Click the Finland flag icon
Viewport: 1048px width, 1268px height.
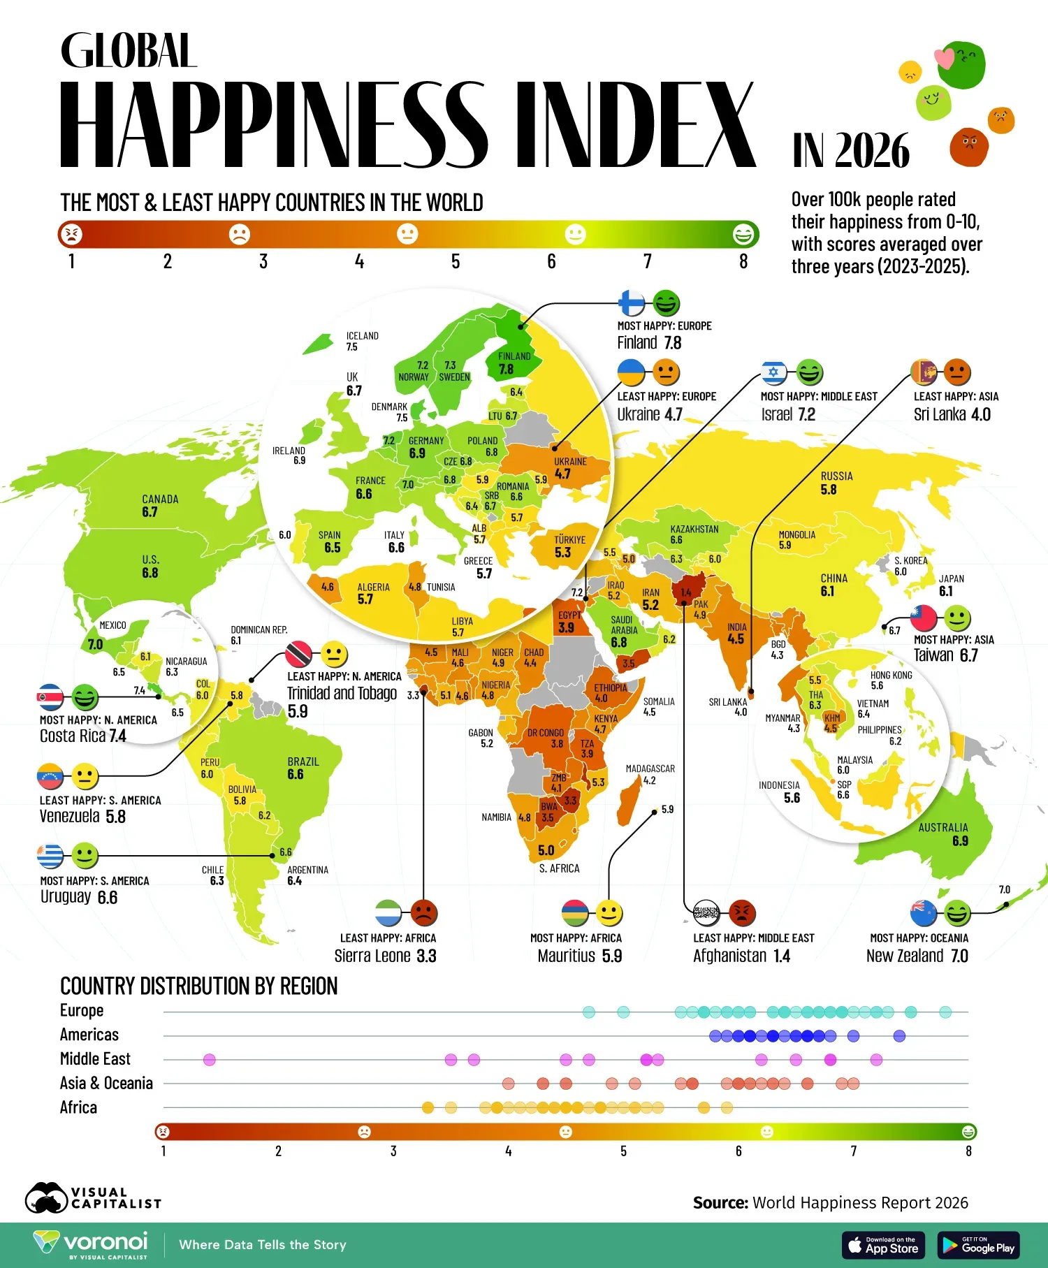(632, 303)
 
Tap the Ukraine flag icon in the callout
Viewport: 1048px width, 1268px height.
(632, 372)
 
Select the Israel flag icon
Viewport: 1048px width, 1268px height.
(773, 372)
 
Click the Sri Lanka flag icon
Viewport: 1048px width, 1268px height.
(924, 372)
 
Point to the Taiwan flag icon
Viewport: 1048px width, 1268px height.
(923, 618)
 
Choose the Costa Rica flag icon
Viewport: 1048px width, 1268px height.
(51, 697)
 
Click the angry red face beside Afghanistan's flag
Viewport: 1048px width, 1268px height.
(742, 912)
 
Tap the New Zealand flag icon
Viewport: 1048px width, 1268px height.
(924, 912)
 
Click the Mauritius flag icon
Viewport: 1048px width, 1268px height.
(575, 912)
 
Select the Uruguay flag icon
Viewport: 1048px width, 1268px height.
(51, 855)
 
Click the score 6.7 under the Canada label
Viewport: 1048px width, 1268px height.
(150, 512)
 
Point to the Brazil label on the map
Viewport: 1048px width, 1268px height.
(303, 761)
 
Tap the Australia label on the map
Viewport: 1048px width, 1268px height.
(943, 827)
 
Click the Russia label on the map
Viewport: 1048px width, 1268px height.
(836, 476)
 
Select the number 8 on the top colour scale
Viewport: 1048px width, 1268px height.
(743, 261)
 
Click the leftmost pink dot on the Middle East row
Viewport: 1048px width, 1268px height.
(209, 1060)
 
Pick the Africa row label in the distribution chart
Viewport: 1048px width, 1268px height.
(78, 1107)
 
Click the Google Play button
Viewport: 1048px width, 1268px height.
(978, 1245)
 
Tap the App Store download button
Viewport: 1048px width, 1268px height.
(883, 1245)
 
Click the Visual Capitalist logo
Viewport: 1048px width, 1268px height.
(93, 1197)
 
